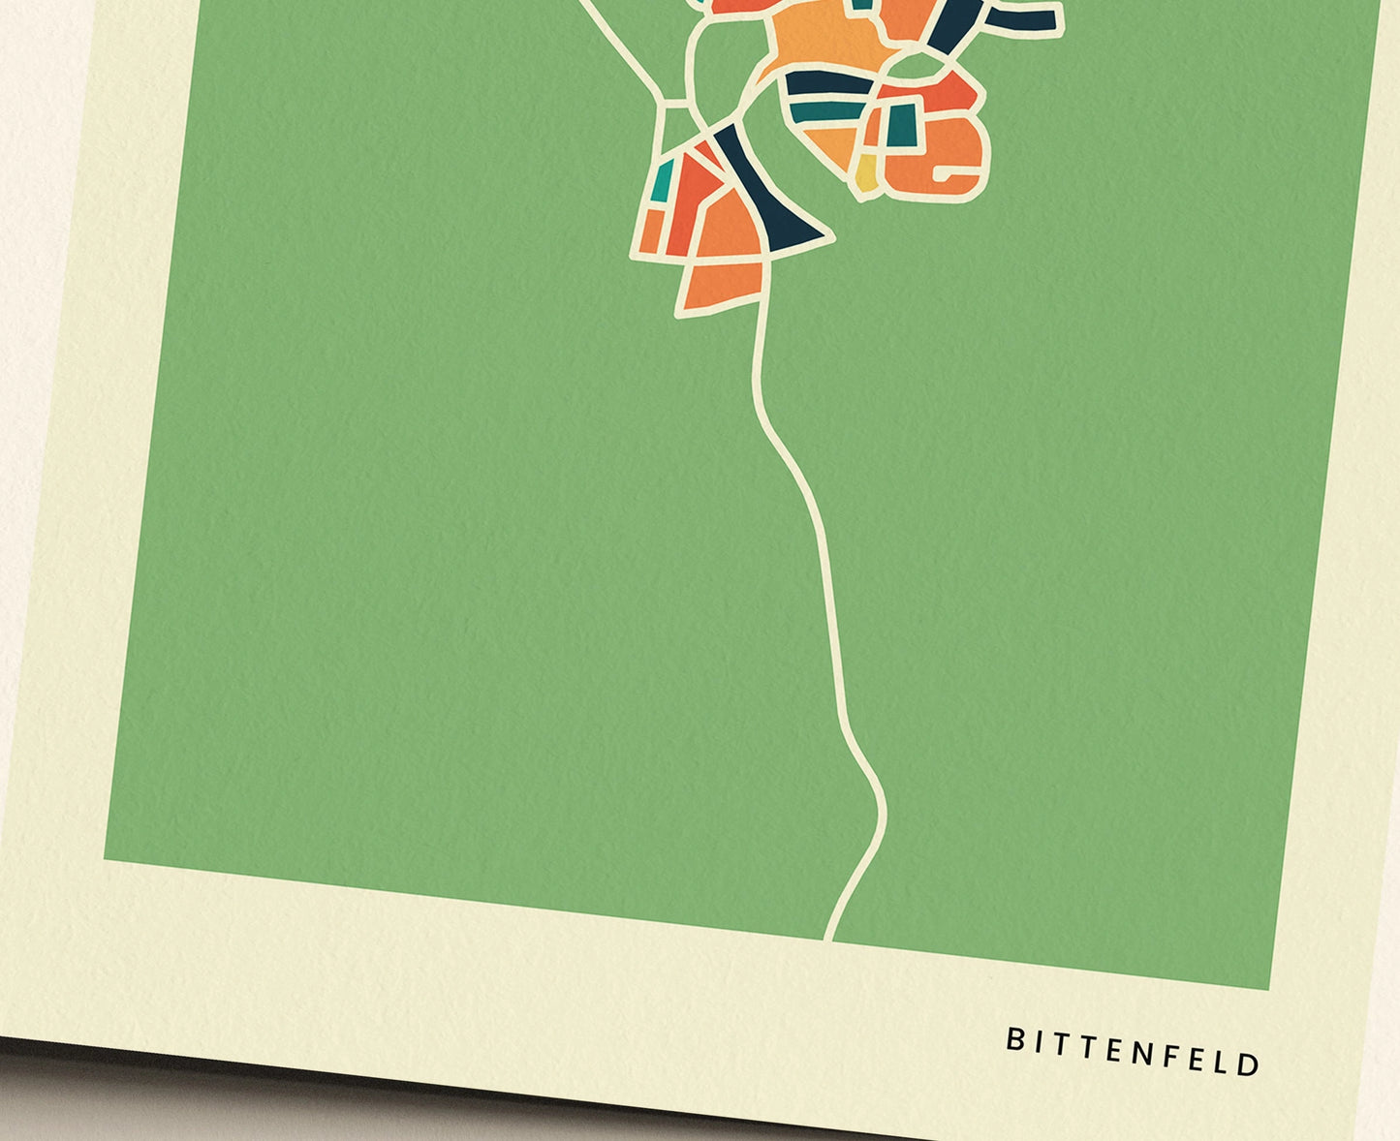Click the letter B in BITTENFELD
1014,1040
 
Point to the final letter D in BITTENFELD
1249,1064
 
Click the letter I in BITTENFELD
1038,1043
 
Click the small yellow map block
866,174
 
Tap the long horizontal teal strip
824,110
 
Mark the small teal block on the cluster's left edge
663,181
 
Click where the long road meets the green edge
828,937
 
